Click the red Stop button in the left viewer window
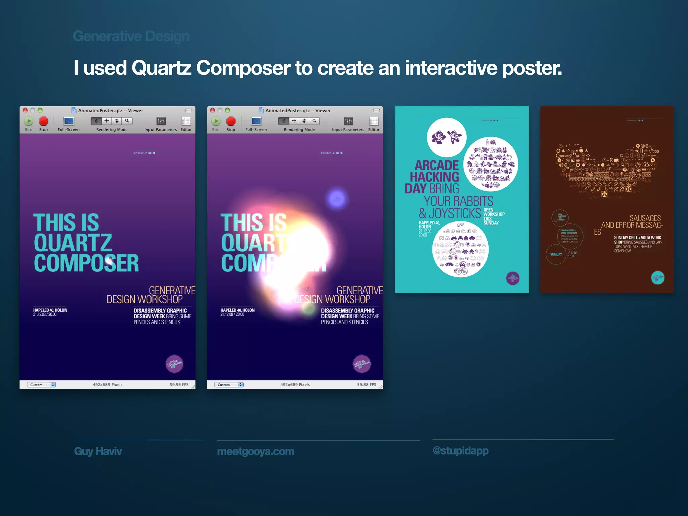coord(44,121)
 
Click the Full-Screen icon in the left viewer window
coord(69,121)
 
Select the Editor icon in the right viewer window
coord(374,121)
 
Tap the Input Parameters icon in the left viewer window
coord(161,121)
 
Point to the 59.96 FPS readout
coord(179,385)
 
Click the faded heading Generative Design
coord(131,36)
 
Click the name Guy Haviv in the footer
coord(98,451)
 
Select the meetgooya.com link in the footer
coord(256,451)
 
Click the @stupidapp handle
coord(461,450)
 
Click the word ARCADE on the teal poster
coord(436,165)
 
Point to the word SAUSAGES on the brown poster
coord(645,218)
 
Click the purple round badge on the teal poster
coord(513,278)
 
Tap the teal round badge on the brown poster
coord(658,278)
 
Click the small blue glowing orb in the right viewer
coord(337,199)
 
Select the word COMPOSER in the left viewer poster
coord(86,263)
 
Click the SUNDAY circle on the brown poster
coord(556,254)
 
